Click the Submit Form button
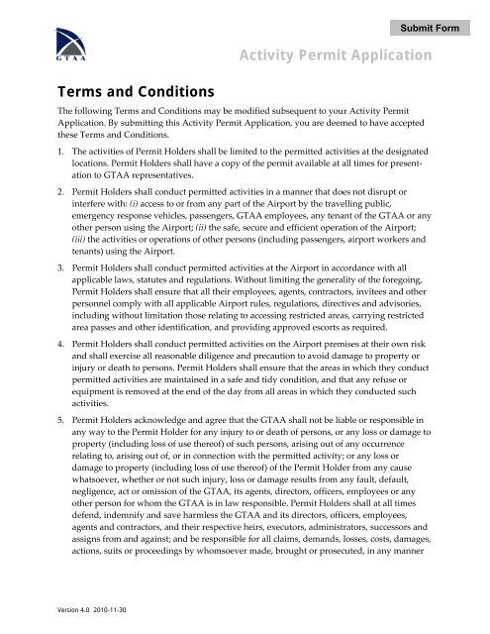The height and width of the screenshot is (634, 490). (x=429, y=28)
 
